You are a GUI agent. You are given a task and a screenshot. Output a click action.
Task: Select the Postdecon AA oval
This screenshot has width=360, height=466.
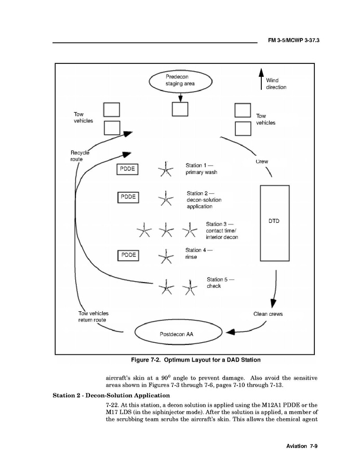click(176, 334)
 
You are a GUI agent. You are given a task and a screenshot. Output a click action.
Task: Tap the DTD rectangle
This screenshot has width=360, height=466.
click(274, 221)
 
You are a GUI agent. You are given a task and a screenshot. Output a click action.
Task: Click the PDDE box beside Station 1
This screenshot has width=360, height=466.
click(127, 169)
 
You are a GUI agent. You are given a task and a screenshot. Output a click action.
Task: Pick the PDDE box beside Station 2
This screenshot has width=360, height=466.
click(128, 197)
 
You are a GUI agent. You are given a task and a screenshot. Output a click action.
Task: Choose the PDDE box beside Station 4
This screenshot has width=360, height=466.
click(128, 255)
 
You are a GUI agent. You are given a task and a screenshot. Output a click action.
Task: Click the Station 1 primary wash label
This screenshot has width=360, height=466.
click(201, 169)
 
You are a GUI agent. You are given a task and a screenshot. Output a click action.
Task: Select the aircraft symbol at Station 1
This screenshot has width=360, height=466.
click(165, 168)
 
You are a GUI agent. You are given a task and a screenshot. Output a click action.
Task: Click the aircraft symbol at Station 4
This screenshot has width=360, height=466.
click(165, 256)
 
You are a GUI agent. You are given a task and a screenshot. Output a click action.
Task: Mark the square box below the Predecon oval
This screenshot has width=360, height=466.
click(180, 109)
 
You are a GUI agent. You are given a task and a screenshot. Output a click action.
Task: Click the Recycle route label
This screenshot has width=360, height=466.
click(79, 155)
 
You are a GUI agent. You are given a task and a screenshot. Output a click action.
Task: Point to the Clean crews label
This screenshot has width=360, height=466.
click(268, 314)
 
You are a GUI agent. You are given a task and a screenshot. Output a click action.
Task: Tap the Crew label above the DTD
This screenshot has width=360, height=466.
click(262, 162)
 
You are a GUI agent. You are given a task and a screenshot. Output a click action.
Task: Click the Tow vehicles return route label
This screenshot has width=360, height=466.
click(93, 317)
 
